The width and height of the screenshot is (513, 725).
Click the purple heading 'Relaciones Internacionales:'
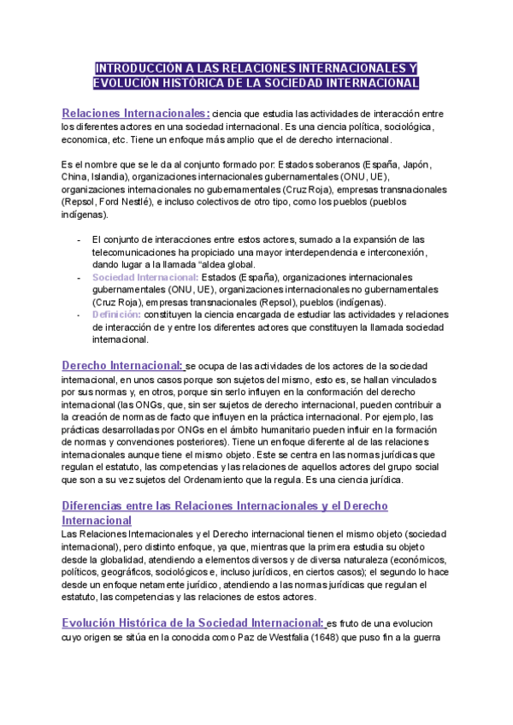[x=136, y=113]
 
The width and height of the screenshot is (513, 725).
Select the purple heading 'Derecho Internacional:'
[x=122, y=365]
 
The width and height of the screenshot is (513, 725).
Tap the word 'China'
[x=74, y=176]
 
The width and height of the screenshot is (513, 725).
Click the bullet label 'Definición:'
[x=116, y=315]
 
